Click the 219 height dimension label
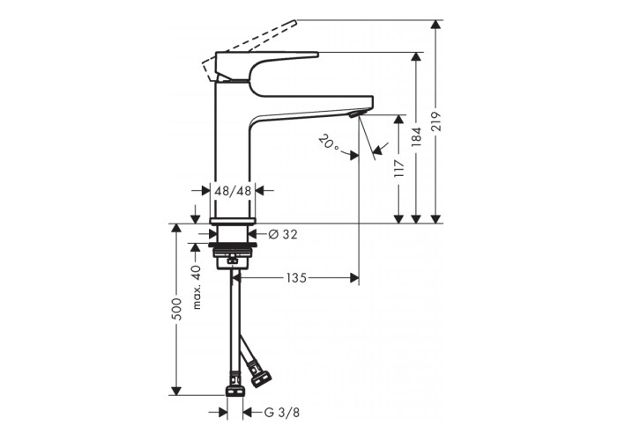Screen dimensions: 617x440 click(436, 121)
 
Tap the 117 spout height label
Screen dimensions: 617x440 click(399, 168)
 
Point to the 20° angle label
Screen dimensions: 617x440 click(330, 143)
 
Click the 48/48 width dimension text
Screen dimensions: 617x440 click(233, 191)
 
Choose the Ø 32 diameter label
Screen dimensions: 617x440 click(283, 235)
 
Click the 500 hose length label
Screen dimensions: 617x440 click(177, 309)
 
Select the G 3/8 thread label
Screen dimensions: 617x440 click(282, 413)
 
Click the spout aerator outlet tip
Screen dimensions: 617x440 click(354, 114)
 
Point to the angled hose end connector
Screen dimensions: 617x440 click(261, 378)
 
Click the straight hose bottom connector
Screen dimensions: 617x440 click(235, 391)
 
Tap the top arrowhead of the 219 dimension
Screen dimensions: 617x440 click(435, 24)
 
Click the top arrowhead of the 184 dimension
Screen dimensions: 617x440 click(416, 56)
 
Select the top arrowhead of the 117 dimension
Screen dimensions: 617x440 click(399, 119)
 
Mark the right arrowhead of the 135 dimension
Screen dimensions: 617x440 click(354, 278)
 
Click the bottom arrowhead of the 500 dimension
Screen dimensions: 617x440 click(176, 391)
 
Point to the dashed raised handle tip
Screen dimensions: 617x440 click(294, 20)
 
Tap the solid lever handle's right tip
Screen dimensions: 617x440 click(317, 54)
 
